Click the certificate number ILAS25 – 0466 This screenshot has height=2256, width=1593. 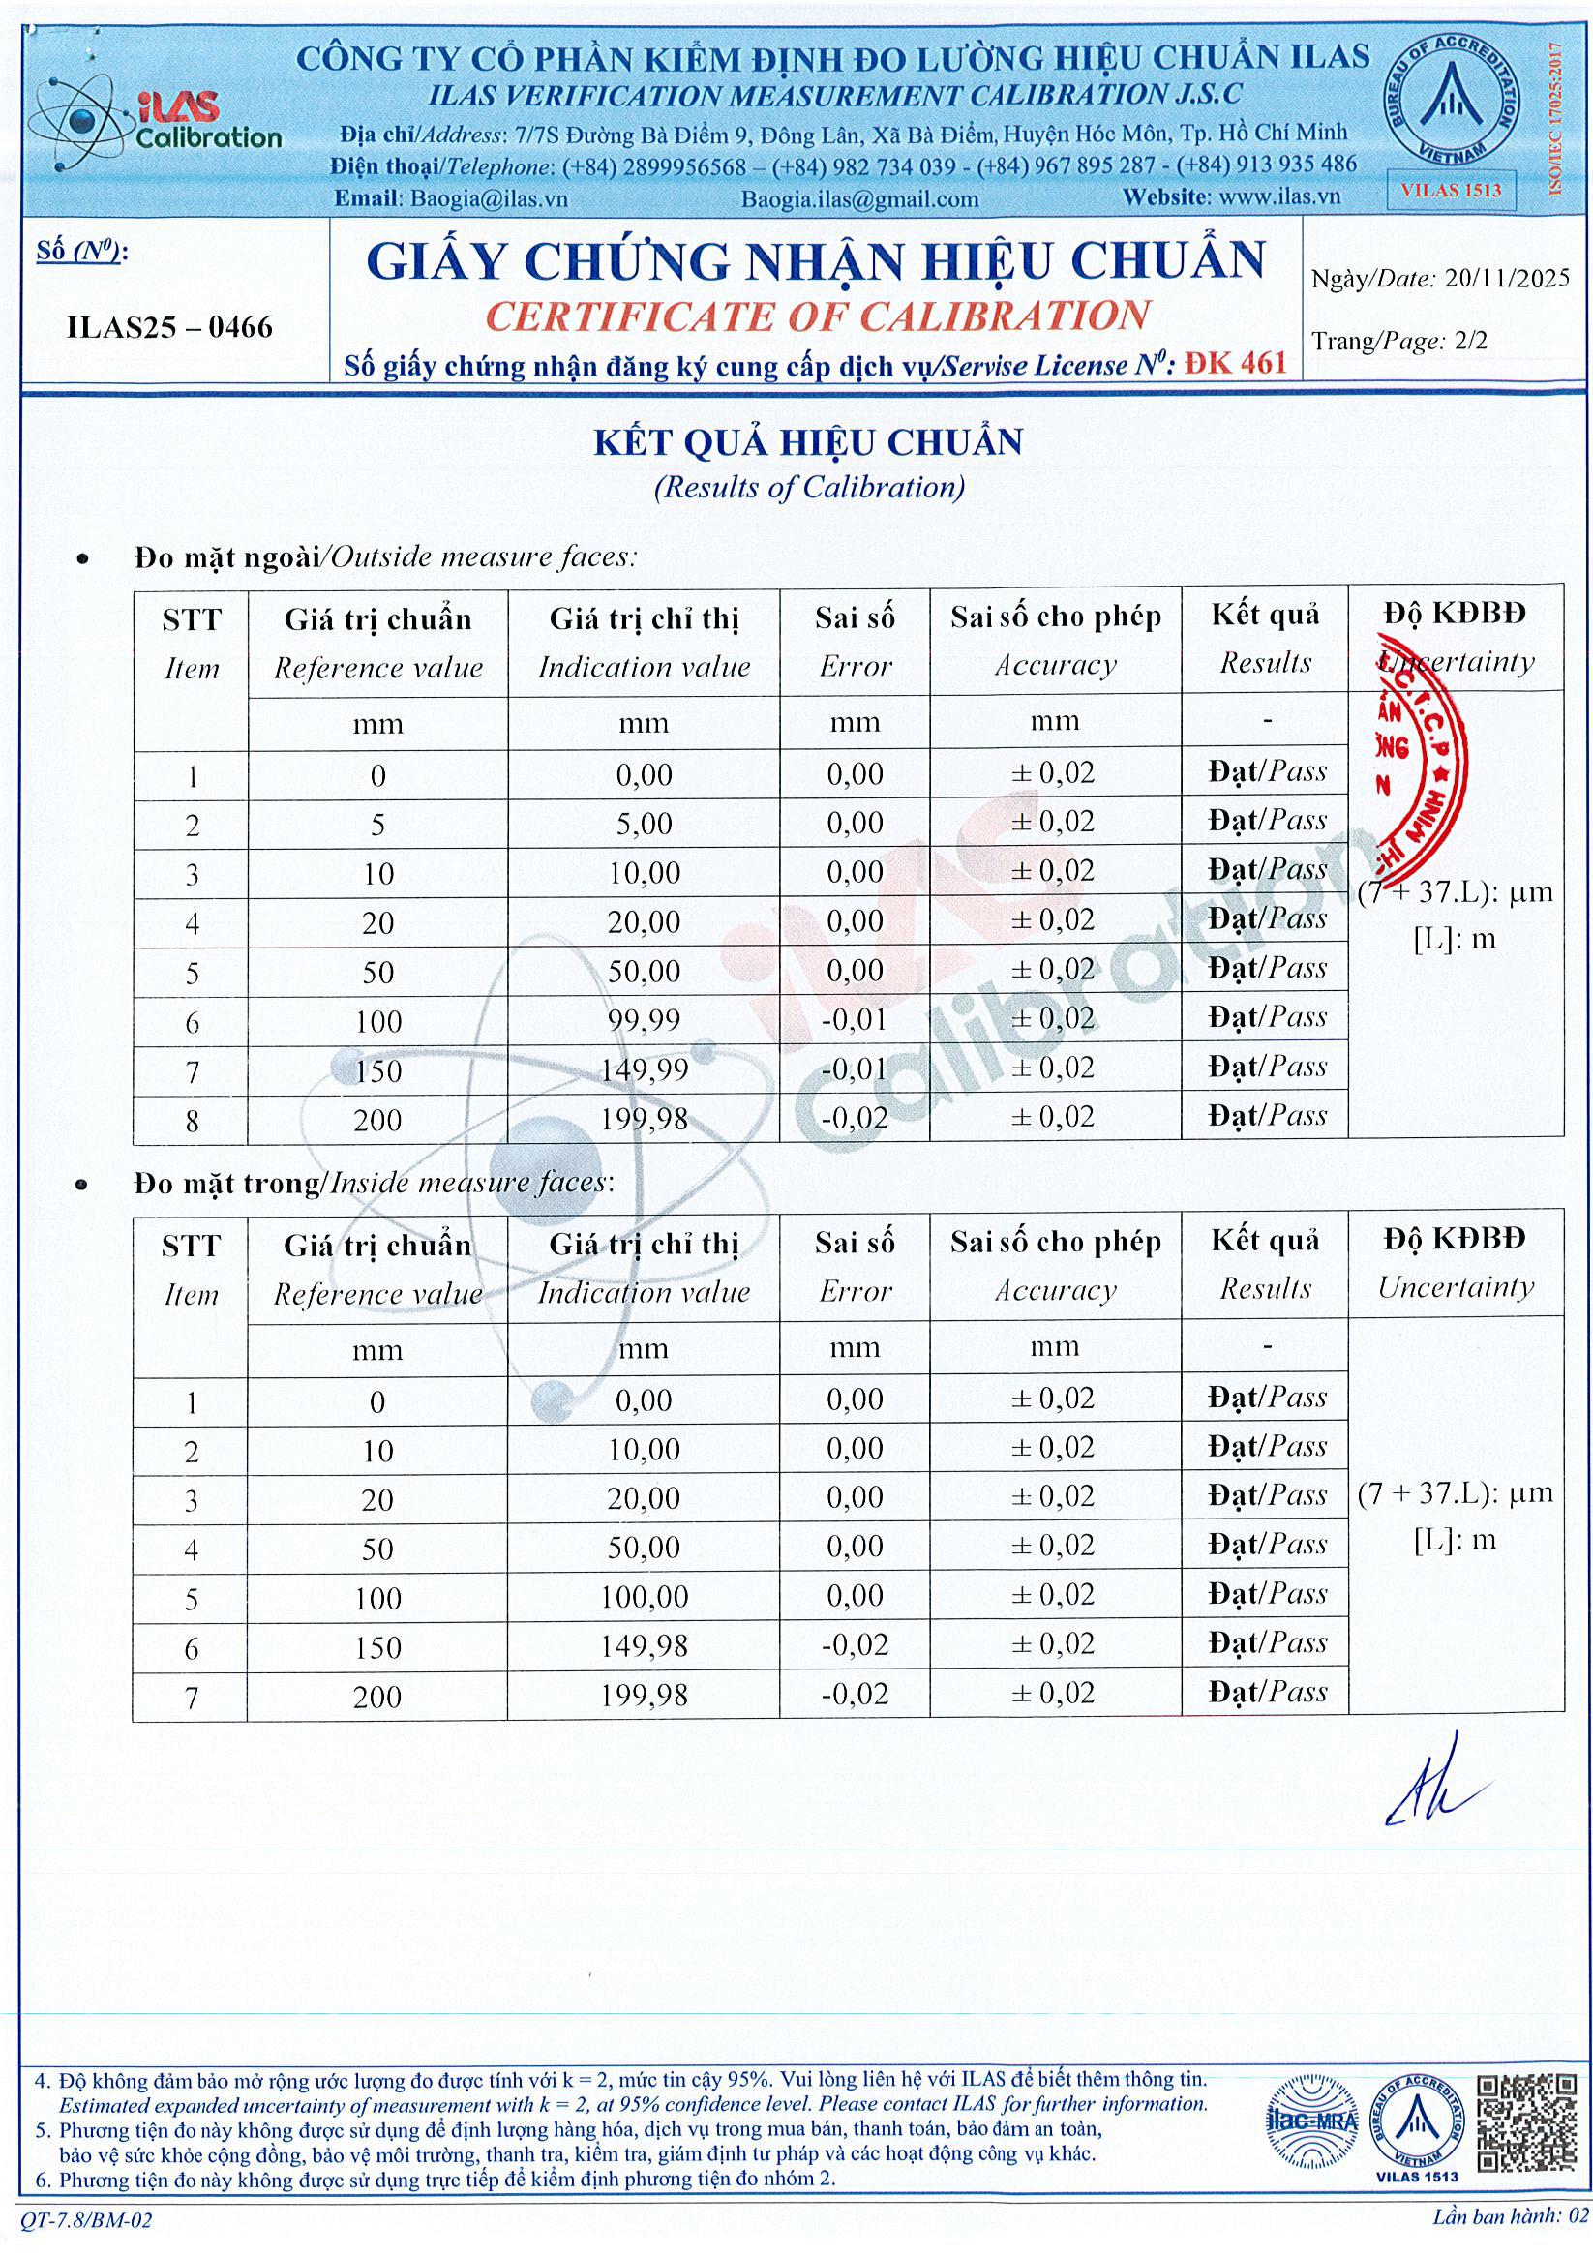[169, 327]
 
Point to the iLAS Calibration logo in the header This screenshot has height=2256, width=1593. [157, 123]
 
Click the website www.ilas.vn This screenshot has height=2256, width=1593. [1283, 196]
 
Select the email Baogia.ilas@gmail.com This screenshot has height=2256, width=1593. [859, 198]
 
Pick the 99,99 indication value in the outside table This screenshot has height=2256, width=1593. [644, 1020]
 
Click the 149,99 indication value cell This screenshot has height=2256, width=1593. [644, 1069]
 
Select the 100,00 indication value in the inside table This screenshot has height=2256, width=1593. [644, 1597]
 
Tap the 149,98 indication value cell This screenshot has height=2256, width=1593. [644, 1646]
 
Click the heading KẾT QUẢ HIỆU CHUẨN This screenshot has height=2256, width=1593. [808, 442]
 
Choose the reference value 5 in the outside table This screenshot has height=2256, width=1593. [378, 825]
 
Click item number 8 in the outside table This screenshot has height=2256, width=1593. [192, 1120]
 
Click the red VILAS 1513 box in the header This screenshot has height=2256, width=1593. [1452, 190]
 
